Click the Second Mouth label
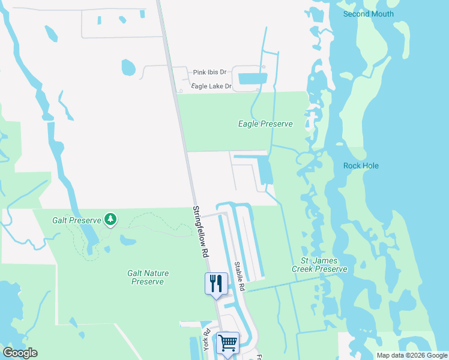(x=369, y=14)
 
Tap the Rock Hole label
(x=361, y=166)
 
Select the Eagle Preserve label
(x=265, y=124)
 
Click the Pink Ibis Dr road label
(x=209, y=73)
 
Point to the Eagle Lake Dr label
(x=211, y=86)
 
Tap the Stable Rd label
(x=240, y=276)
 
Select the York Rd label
(x=206, y=340)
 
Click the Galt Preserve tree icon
(x=110, y=220)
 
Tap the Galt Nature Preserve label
(x=148, y=277)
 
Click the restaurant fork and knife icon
(x=216, y=283)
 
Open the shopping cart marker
(x=228, y=344)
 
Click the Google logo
(x=20, y=353)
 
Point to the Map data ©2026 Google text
(x=412, y=355)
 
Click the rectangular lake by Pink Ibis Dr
(x=252, y=78)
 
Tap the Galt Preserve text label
(x=76, y=220)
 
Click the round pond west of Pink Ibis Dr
(x=129, y=67)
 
